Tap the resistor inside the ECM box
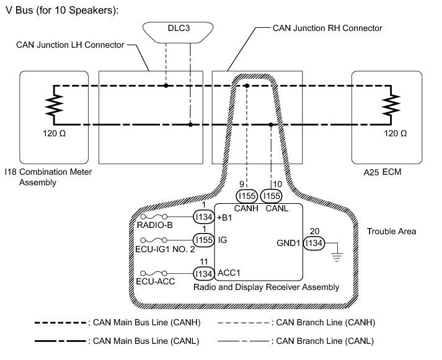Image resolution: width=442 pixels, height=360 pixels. [x=391, y=105]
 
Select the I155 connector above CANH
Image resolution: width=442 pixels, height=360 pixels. [x=247, y=196]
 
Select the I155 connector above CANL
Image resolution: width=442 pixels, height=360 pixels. [x=272, y=196]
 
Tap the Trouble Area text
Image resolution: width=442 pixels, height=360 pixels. [x=391, y=232]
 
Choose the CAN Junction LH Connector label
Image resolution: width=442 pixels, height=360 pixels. [x=71, y=45]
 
